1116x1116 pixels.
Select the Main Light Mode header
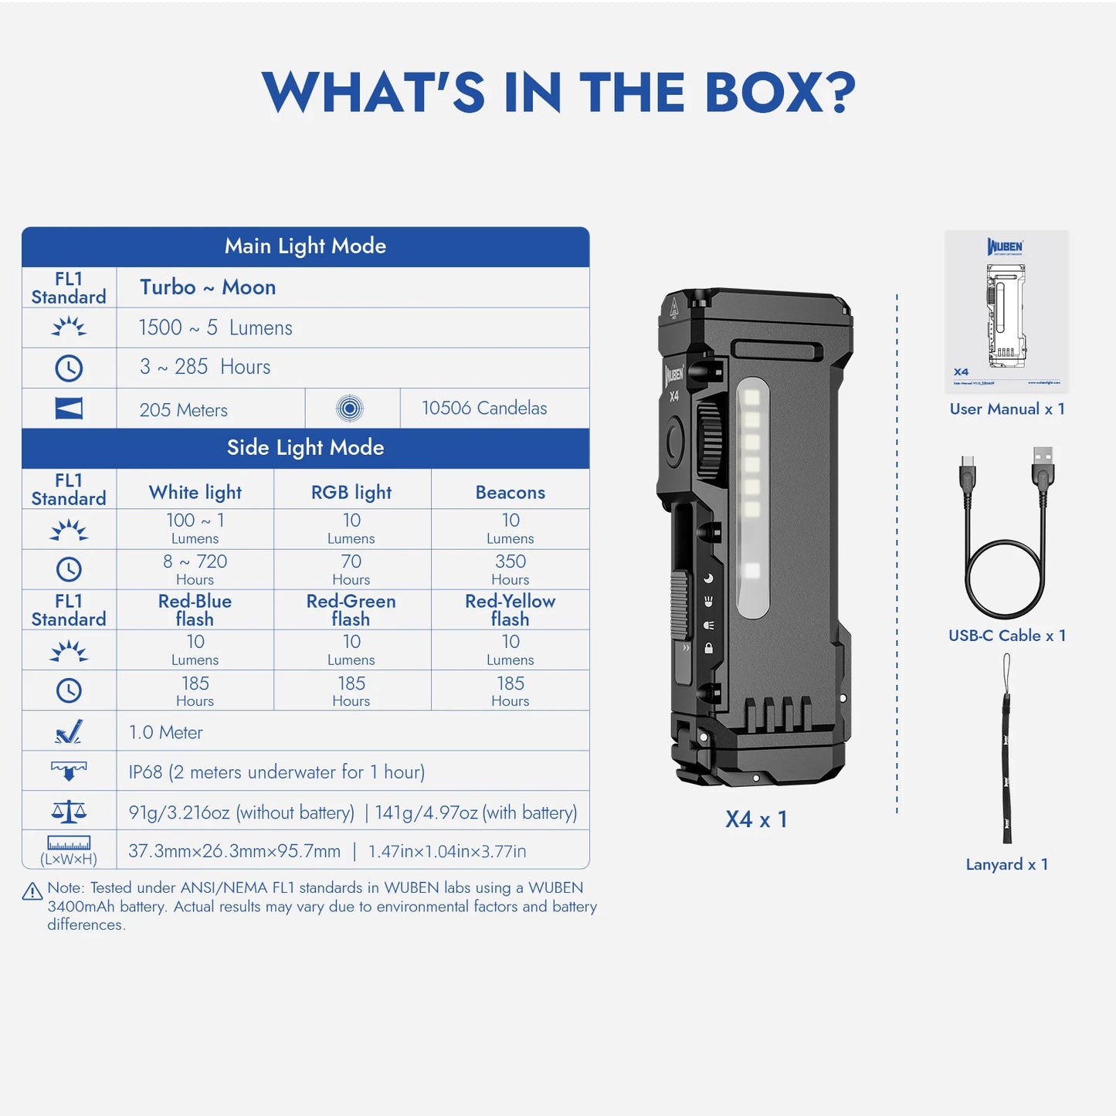tap(305, 246)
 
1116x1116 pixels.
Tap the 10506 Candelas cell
tap(484, 409)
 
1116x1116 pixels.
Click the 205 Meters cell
tap(184, 410)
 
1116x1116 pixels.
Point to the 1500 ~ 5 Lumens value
tap(215, 328)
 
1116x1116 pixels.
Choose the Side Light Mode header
tap(305, 448)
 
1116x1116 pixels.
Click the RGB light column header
tap(351, 493)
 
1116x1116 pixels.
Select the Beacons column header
tap(510, 493)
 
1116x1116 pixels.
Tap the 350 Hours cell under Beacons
tap(510, 569)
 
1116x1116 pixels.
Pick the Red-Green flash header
tap(351, 610)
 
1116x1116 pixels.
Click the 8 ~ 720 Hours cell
tap(195, 569)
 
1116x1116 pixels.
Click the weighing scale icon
tap(69, 811)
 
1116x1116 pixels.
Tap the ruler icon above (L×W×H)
tap(69, 843)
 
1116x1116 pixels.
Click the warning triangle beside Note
tap(32, 892)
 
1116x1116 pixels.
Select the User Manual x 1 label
tap(1007, 409)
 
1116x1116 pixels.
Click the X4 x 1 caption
tap(756, 819)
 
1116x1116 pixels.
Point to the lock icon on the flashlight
tap(708, 649)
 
